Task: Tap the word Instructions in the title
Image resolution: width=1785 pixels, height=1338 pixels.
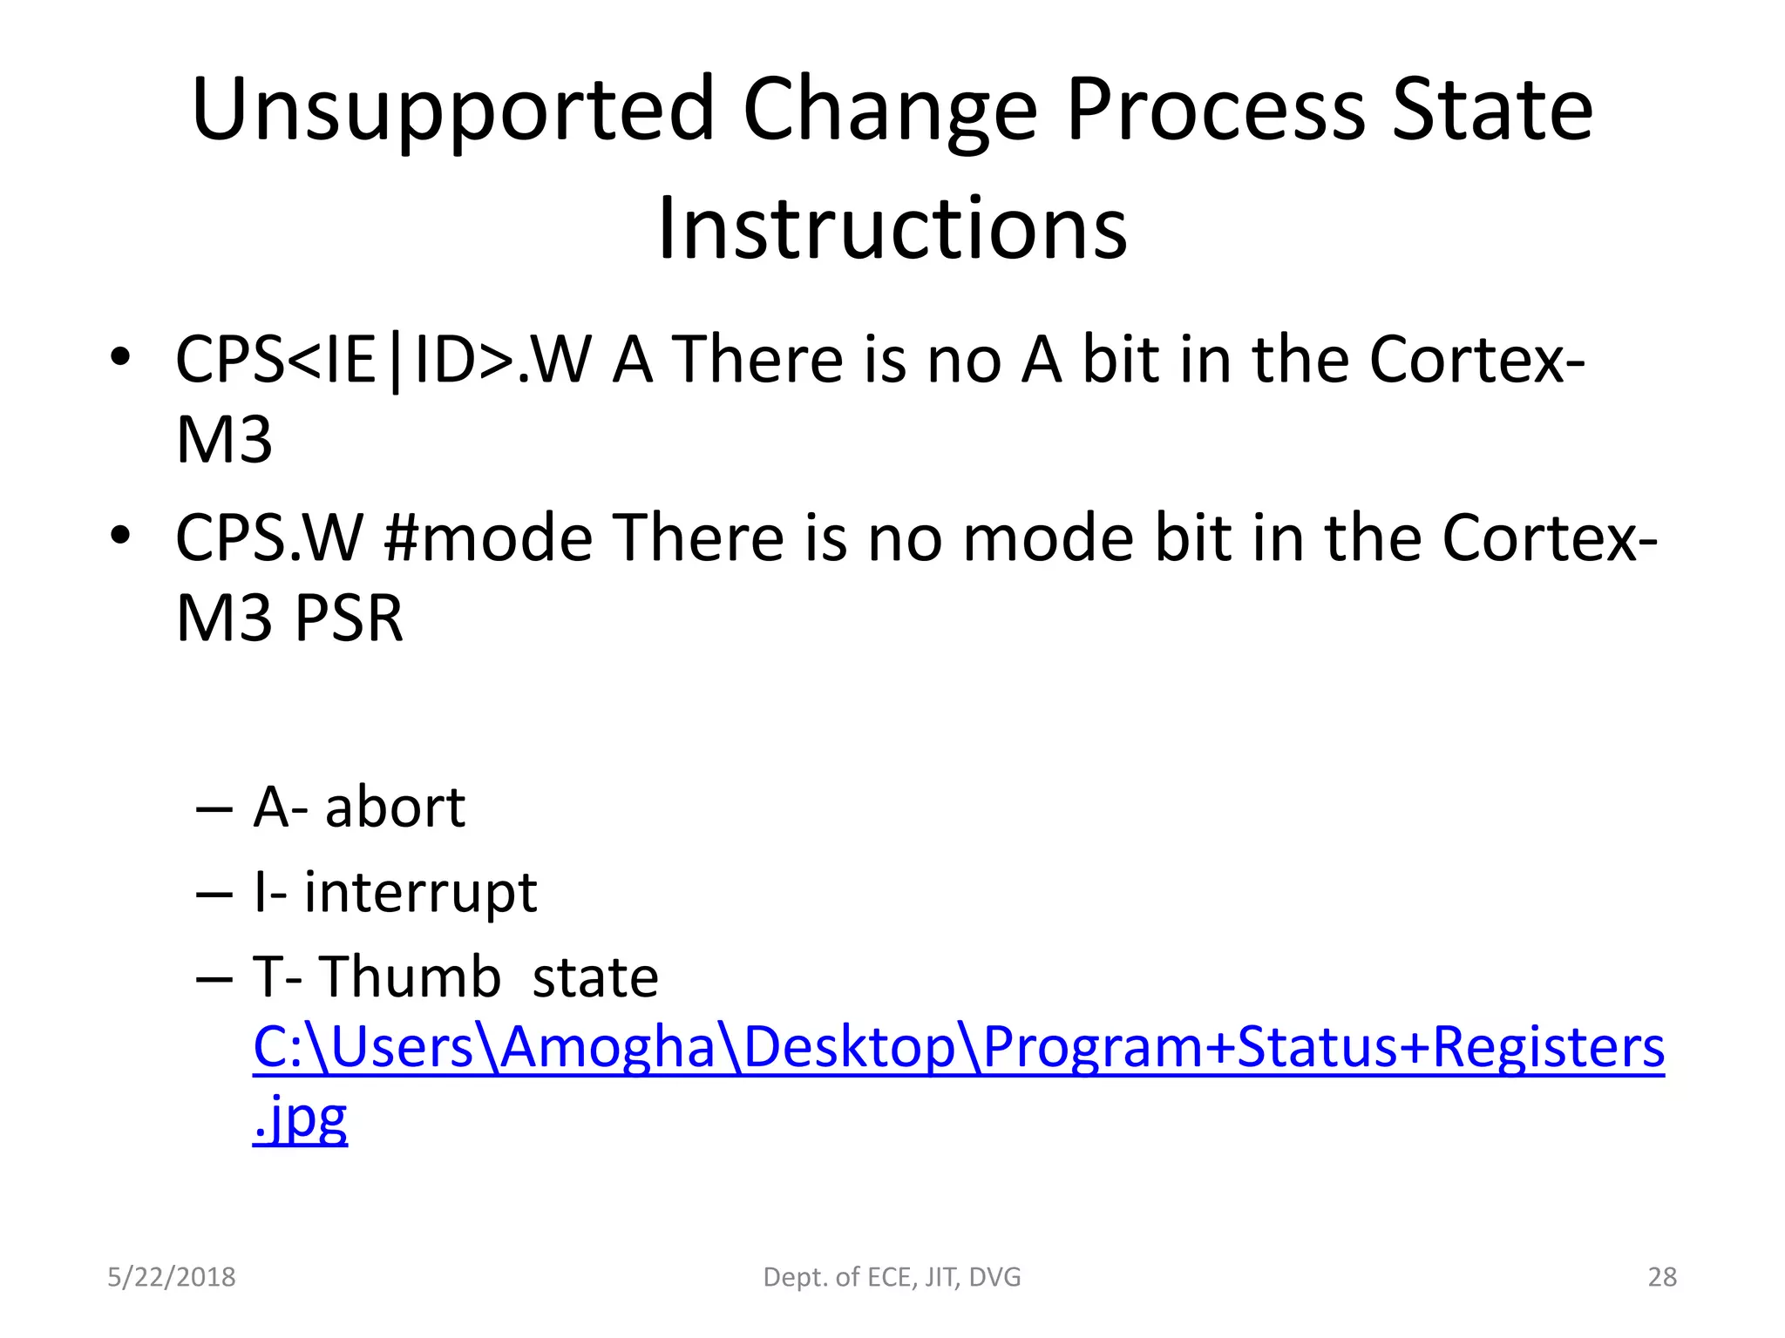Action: pos(892,228)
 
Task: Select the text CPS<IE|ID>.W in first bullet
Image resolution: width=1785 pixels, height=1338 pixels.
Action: pos(383,360)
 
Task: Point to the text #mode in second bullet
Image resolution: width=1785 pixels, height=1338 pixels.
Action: pos(487,538)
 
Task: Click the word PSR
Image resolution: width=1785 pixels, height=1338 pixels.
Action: pos(348,618)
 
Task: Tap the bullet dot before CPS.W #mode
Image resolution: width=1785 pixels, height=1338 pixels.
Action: pos(120,535)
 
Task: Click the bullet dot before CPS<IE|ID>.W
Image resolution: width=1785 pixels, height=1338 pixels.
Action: pos(120,356)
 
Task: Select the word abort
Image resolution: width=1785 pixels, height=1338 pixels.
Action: pos(395,808)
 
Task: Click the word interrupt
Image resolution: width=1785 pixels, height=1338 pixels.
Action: pos(420,893)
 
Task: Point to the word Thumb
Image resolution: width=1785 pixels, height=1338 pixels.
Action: pos(411,976)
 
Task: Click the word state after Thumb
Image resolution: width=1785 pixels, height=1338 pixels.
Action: pos(595,977)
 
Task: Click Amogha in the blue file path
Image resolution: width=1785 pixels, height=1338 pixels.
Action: pos(607,1047)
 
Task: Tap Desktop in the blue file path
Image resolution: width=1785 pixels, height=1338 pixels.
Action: pos(850,1047)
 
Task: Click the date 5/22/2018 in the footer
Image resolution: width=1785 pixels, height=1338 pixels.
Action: pos(171,1277)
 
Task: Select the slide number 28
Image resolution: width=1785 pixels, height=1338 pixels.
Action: pos(1662,1277)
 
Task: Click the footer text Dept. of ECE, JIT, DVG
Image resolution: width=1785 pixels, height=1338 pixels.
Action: pos(892,1277)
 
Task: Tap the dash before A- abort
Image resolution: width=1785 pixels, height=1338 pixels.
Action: pos(214,809)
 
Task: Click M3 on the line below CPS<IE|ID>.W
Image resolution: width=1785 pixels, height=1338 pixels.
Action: pos(224,441)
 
